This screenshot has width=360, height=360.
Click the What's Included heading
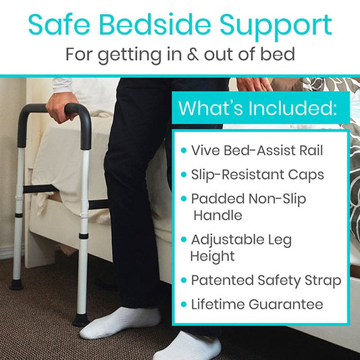click(260, 107)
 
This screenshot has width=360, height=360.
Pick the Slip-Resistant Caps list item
click(257, 175)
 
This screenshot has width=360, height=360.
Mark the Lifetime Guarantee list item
click(257, 304)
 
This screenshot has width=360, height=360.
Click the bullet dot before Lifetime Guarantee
click(183, 305)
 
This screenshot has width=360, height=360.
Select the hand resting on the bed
click(255, 85)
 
